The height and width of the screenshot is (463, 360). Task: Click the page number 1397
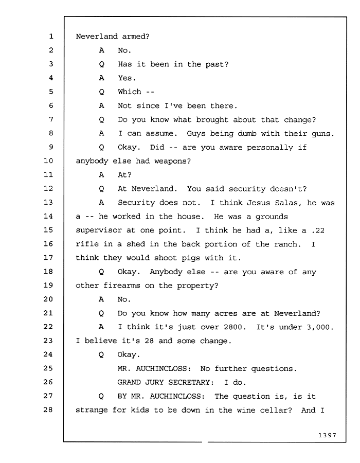tap(327, 435)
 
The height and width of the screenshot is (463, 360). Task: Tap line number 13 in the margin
tap(48, 202)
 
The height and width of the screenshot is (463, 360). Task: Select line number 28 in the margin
tap(48, 409)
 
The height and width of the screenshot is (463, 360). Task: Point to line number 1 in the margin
tap(51, 37)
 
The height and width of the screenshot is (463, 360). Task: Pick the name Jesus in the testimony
tap(259, 203)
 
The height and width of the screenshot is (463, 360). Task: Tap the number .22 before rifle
tap(318, 230)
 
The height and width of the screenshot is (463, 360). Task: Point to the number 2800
tap(235, 327)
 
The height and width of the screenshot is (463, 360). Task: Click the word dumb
tap(247, 133)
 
